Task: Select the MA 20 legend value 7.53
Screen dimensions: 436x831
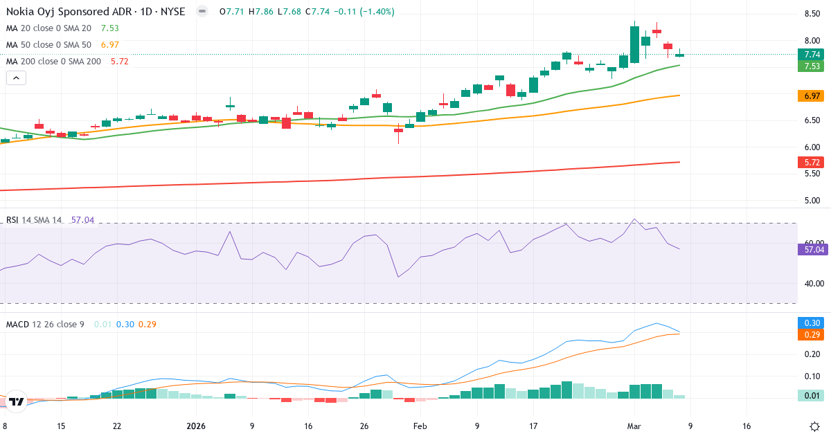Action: coord(109,28)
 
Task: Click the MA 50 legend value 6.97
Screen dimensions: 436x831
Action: coord(109,44)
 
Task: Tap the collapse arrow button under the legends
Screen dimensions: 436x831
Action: coord(16,78)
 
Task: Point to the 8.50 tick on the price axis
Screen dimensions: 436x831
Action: coord(812,14)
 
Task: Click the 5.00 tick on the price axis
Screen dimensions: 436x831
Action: coord(812,201)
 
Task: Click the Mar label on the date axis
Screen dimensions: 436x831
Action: coord(635,426)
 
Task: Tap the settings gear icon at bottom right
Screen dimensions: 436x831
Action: coord(815,426)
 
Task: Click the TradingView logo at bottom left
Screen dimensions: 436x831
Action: coord(17,401)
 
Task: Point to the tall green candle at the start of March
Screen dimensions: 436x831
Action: coord(634,44)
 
